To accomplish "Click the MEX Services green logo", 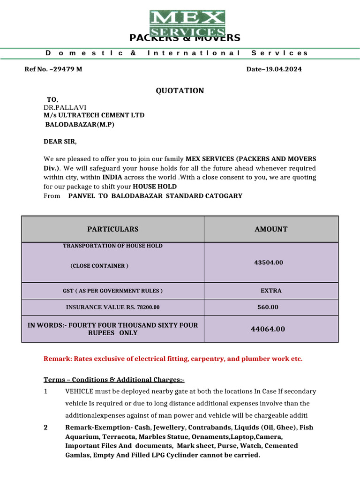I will click(187, 23).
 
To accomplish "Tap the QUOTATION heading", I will click(180, 90).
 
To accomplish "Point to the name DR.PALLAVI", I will click(65, 107).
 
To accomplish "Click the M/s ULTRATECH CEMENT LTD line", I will click(94, 115).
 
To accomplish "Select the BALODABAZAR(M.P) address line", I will click(79, 125).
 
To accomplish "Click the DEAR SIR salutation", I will click(60, 141).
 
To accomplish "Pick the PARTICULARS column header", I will click(112, 229).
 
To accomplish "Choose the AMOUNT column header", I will click(271, 229).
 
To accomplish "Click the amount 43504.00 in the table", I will click(269, 262).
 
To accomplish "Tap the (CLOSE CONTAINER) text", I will click(99, 266).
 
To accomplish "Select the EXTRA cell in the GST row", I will click(271, 291).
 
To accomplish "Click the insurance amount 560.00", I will click(268, 307).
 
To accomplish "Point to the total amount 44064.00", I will click(268, 329).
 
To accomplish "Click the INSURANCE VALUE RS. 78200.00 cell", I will click(112, 307).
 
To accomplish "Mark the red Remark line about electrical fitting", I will click(173, 359).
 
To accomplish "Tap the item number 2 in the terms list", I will click(46, 427).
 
